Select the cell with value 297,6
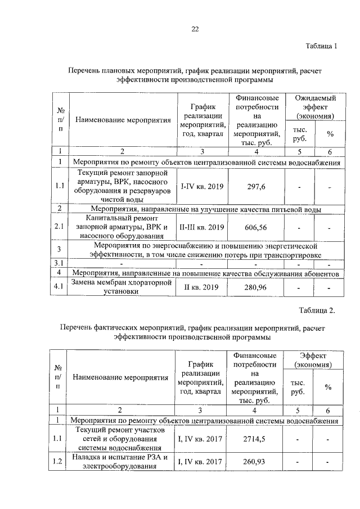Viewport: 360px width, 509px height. [256, 186]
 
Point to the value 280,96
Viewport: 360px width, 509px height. [256, 288]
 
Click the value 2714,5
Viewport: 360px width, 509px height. [256, 439]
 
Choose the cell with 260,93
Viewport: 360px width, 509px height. [256, 462]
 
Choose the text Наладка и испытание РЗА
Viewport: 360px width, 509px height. [121, 457]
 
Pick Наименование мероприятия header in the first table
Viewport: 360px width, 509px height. [123, 120]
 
